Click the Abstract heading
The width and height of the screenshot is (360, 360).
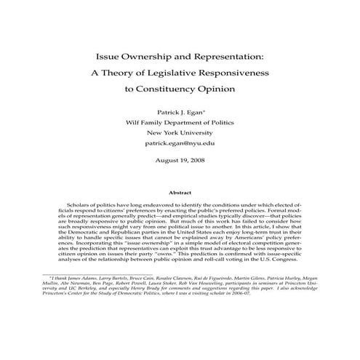pyautogui.click(x=180, y=193)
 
